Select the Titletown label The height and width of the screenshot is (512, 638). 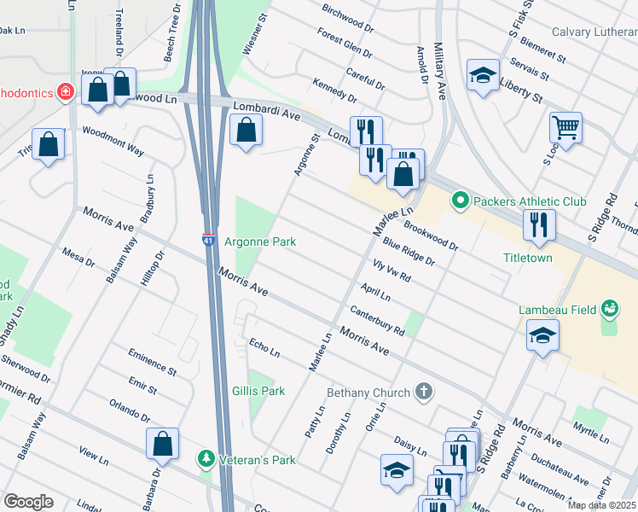point(527,258)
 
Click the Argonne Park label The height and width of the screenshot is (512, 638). point(260,242)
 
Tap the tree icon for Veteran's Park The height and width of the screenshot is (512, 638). point(206,459)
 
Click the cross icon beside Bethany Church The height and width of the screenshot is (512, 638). point(423,392)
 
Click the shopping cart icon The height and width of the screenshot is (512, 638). point(565,128)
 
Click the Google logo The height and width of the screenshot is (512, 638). point(28,502)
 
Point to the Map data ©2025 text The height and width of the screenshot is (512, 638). point(602,505)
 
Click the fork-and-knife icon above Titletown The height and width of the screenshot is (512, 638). point(538,224)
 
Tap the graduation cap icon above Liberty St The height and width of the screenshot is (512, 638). point(483,75)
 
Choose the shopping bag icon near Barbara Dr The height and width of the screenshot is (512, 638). point(162,444)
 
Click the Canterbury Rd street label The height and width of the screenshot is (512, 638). point(376,322)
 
